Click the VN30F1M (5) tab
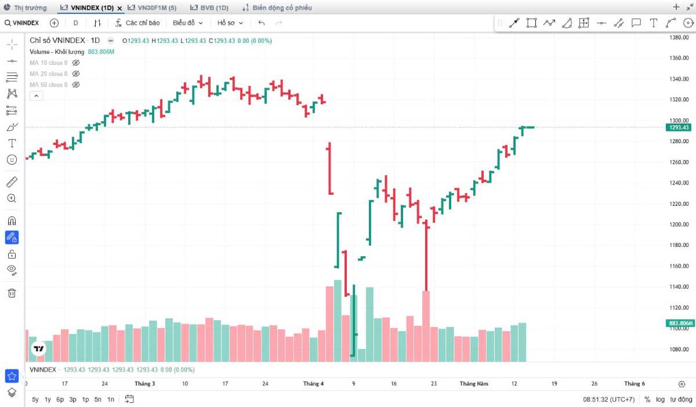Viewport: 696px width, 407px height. point(152,8)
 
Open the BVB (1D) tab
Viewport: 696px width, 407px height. point(209,8)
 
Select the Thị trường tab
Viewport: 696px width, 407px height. point(26,8)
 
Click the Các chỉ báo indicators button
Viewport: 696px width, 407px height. point(137,23)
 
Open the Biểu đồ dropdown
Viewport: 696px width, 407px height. point(188,23)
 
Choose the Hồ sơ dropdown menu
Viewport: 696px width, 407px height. point(230,23)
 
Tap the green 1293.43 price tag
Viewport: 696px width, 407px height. point(679,128)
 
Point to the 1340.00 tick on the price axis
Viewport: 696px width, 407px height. point(679,79)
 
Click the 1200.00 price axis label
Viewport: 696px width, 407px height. point(679,224)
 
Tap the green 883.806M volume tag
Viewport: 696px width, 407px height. point(680,323)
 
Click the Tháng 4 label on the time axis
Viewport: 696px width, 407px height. point(313,384)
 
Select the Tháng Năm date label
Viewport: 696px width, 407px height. point(474,384)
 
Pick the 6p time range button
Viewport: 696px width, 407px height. point(60,399)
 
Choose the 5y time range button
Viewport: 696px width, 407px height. point(35,399)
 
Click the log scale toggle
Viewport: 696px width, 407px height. point(660,399)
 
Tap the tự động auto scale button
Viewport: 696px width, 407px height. point(681,399)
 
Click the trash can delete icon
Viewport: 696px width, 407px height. point(12,293)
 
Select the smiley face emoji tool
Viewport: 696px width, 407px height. point(12,159)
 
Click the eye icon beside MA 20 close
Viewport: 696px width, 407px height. point(76,74)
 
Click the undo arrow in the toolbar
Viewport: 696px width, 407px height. point(262,23)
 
